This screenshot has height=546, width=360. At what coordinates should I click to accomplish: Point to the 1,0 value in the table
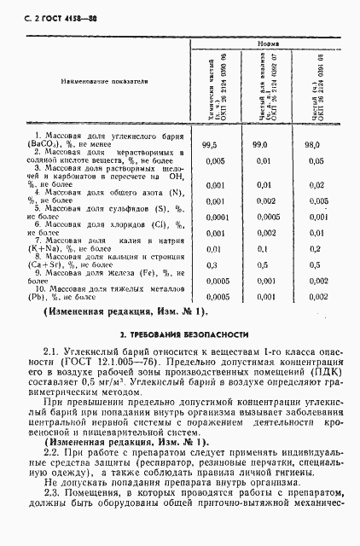pos(314,265)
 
